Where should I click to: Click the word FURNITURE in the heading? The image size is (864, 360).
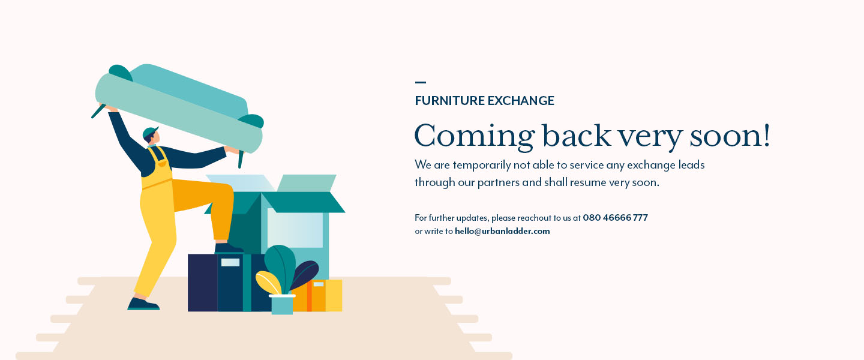click(x=449, y=101)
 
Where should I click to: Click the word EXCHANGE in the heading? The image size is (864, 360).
click(x=521, y=101)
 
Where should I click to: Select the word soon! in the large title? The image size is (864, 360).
click(x=730, y=136)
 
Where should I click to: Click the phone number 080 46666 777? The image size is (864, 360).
click(x=615, y=218)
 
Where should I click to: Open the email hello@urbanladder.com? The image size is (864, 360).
click(x=502, y=231)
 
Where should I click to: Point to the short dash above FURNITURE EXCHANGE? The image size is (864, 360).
click(x=421, y=82)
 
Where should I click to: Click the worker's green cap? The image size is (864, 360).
click(x=150, y=133)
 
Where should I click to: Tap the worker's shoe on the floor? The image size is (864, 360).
click(x=143, y=304)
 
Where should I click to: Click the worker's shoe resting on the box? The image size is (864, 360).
click(x=229, y=248)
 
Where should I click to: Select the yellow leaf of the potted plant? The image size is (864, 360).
click(x=268, y=283)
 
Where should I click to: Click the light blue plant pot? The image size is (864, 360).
click(x=282, y=304)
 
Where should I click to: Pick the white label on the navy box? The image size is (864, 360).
click(x=230, y=262)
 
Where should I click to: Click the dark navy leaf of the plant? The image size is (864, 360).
click(x=305, y=274)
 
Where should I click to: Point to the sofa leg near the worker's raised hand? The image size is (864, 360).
click(x=99, y=111)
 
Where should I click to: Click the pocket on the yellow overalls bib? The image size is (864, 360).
click(x=162, y=164)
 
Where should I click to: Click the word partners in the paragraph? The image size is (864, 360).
click(x=498, y=182)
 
